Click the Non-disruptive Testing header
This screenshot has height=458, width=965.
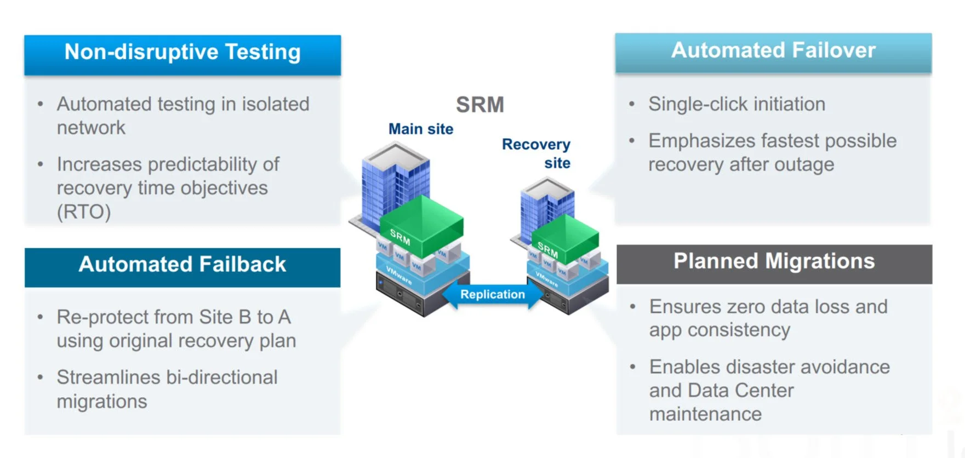(182, 53)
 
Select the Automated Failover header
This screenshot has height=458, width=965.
(773, 51)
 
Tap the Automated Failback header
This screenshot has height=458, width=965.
(182, 265)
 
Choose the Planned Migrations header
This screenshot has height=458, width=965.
(774, 261)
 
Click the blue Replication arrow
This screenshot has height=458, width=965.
(492, 295)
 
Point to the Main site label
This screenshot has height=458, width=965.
(421, 129)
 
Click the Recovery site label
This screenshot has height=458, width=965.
(537, 153)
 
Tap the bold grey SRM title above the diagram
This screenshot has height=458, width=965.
(480, 105)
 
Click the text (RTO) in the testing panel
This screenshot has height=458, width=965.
(84, 212)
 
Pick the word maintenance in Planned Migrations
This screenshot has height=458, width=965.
(705, 414)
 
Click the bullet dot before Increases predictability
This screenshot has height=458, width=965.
(40, 164)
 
